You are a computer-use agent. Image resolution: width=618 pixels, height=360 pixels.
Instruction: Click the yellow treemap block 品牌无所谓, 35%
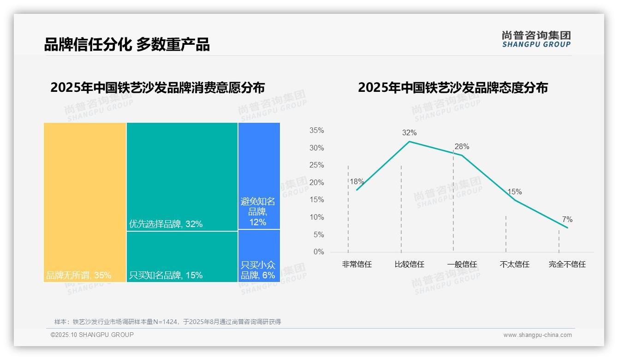pos(85,202)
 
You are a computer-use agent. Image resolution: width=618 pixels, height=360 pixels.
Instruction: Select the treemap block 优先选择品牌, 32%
pos(182,176)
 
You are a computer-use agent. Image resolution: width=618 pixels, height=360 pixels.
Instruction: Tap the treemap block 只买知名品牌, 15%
pos(182,256)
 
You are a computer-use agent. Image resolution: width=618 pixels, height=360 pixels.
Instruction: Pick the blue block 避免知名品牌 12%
pos(259,176)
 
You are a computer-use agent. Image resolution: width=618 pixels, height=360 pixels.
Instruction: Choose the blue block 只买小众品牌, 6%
pos(259,256)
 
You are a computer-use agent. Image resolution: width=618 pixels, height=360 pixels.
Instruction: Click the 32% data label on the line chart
pos(409,133)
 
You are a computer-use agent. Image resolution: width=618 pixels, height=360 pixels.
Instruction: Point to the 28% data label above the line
pos(462,147)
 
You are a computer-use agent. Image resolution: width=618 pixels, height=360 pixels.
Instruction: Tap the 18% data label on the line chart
pos(357,182)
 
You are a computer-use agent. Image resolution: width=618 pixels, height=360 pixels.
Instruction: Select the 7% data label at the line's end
pos(567,220)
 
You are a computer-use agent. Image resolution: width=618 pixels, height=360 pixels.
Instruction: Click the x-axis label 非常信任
pos(357,264)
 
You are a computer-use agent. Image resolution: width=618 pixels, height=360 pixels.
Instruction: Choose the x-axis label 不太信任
pos(514,264)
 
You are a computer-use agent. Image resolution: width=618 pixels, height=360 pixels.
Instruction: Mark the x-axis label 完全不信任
pos(567,264)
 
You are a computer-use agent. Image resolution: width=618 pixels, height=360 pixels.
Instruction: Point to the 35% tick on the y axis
pos(316,131)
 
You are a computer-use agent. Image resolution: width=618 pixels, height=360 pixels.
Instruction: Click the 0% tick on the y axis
pos(319,252)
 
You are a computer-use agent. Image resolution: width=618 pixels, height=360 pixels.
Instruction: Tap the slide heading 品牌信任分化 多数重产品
pos(127,44)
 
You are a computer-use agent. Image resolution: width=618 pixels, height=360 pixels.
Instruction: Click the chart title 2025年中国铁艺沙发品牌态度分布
pos(452,88)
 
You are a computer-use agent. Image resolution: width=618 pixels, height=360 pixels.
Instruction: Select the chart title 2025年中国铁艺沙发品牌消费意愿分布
pos(157,88)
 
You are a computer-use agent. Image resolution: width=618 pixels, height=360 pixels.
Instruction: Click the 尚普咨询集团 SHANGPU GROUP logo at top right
pos(536,39)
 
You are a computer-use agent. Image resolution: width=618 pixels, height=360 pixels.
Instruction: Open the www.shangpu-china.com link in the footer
pos(537,335)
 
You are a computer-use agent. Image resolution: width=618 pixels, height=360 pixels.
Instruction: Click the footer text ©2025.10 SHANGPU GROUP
pos(92,335)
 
